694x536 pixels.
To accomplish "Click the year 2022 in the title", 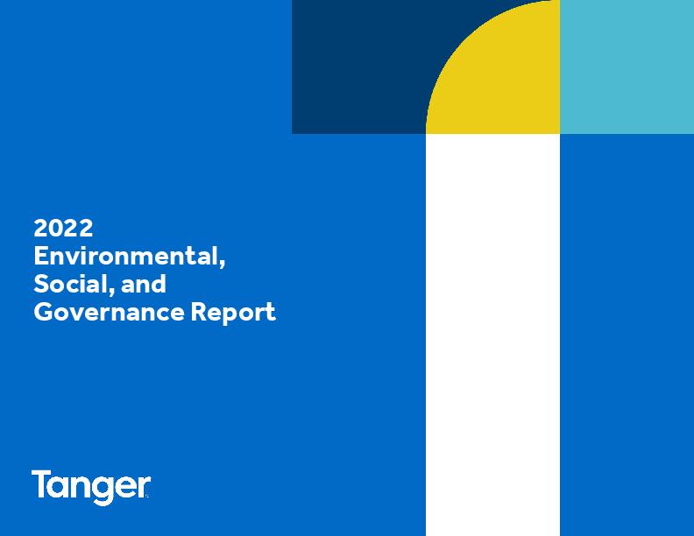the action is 63,229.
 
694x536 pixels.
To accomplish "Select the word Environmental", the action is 127,256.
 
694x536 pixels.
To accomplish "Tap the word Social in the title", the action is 70,284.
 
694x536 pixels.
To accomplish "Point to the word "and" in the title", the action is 144,284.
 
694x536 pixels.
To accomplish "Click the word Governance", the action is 109,312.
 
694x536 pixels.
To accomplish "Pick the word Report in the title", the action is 233,313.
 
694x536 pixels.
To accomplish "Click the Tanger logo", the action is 91,487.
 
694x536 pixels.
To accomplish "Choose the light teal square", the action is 627,67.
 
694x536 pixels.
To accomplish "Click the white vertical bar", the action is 493,335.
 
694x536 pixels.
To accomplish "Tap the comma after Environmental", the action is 223,264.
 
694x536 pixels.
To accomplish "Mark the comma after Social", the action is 110,292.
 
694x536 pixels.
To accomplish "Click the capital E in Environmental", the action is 41,256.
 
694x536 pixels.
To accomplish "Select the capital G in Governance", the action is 44,312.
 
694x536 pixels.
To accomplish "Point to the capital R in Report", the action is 199,312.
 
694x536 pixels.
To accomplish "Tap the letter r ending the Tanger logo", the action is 144,487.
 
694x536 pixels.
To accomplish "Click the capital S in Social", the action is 41,284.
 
